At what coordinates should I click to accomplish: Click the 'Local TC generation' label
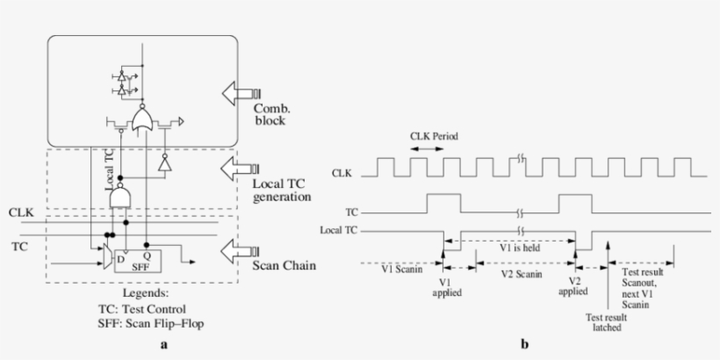click(282, 190)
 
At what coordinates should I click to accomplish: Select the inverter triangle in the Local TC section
click(162, 164)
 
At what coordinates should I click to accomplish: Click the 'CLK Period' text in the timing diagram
click(435, 137)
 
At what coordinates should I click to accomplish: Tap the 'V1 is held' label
click(517, 248)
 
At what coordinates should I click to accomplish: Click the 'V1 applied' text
click(446, 288)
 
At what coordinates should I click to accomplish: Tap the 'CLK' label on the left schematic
click(20, 212)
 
